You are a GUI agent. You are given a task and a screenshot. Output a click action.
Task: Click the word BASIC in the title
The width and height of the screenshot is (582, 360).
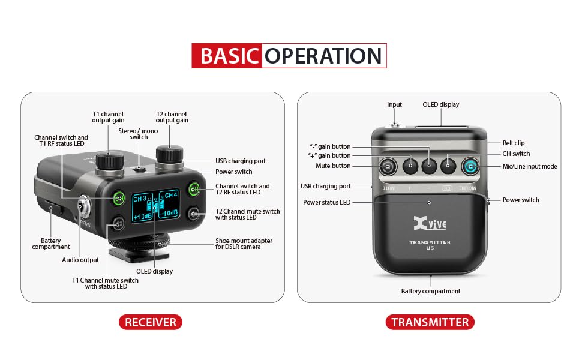[x=229, y=56]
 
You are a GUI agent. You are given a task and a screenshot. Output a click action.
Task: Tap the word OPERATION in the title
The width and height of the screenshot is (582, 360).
[x=323, y=56]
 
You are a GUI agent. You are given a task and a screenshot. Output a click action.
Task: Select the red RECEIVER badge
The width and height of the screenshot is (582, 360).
[x=151, y=322]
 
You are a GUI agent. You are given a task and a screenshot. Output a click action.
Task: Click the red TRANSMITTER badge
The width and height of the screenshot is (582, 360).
[x=430, y=322]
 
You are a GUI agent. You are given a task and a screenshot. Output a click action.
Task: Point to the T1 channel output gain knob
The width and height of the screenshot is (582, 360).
[x=110, y=160]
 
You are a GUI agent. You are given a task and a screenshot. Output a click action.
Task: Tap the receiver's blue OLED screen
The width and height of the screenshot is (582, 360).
[x=155, y=205]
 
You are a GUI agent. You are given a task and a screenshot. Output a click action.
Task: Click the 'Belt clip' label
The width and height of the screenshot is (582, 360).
[x=514, y=143]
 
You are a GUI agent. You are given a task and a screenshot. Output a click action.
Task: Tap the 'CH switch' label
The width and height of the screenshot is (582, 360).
[x=517, y=154]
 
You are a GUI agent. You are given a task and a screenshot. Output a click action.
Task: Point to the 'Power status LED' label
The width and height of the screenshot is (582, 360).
[x=326, y=202]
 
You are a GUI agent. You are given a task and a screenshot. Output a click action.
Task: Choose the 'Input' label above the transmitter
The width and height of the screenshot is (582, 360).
[x=394, y=104]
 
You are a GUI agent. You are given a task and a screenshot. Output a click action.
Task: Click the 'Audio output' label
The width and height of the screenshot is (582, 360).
[x=80, y=260]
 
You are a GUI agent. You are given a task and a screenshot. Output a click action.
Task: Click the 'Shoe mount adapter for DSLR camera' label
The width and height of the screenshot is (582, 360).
[x=244, y=244]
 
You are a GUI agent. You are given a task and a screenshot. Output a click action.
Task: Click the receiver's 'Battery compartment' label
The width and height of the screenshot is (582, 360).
[x=51, y=244]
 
